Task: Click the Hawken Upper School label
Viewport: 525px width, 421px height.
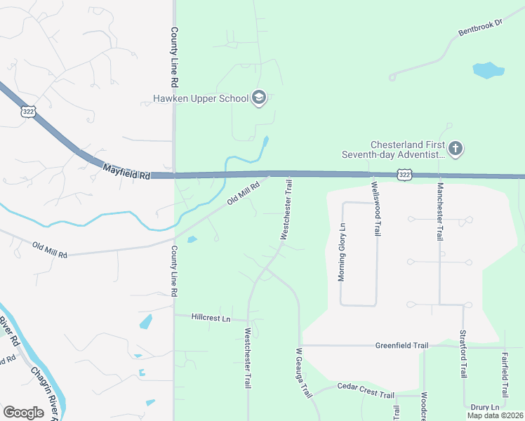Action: (x=201, y=98)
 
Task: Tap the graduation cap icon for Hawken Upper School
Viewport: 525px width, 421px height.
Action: (x=259, y=98)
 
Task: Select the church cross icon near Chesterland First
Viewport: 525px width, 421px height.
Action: (x=456, y=148)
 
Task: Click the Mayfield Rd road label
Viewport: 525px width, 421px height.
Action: (x=126, y=171)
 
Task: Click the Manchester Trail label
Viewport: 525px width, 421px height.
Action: (x=440, y=212)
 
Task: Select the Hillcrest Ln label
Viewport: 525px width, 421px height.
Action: (x=211, y=318)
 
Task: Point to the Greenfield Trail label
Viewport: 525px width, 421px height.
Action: (x=401, y=345)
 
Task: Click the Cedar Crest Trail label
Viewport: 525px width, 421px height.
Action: (x=366, y=391)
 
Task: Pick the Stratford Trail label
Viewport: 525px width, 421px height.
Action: (x=463, y=353)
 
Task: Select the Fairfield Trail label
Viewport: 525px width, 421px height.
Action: (x=505, y=374)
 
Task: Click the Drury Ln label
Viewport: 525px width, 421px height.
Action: (x=485, y=407)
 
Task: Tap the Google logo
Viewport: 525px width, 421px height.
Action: (x=23, y=412)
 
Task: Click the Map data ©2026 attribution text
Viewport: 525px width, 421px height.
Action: (x=495, y=415)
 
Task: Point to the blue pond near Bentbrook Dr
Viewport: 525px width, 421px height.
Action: (x=488, y=70)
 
